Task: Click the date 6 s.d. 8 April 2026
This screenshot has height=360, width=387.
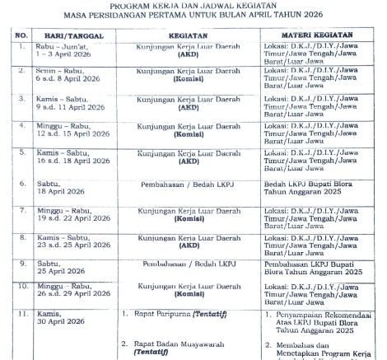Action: (71, 82)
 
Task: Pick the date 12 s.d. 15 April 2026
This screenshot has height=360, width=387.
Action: (76, 133)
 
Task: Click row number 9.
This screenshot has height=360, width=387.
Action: (22, 264)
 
